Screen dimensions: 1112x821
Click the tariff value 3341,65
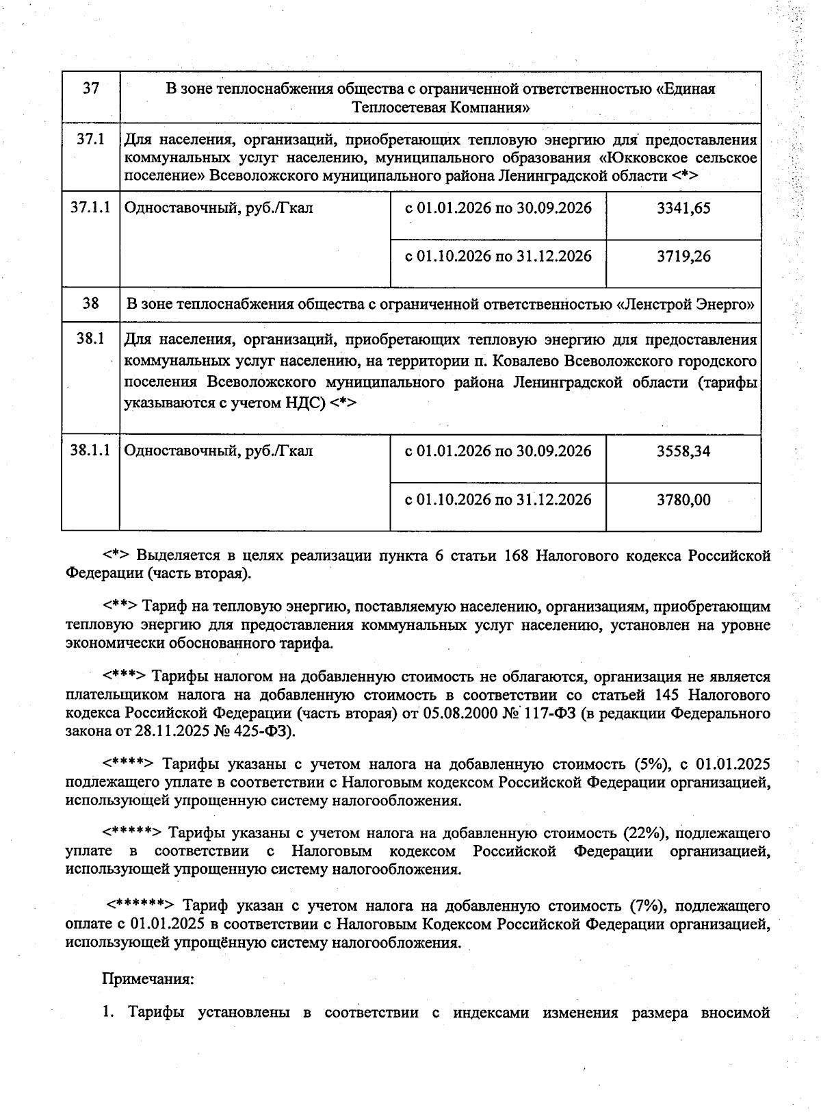[x=683, y=208]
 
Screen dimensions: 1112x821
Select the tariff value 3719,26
[x=683, y=257]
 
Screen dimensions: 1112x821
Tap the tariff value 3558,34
[x=683, y=452]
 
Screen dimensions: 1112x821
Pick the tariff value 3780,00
[x=683, y=501]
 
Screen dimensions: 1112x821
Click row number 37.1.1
[x=90, y=207]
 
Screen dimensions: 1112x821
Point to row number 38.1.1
[x=90, y=451]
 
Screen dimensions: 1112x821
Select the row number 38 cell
[x=90, y=303]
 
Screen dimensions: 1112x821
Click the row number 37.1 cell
[x=90, y=139]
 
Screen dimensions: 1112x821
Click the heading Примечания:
[x=148, y=978]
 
